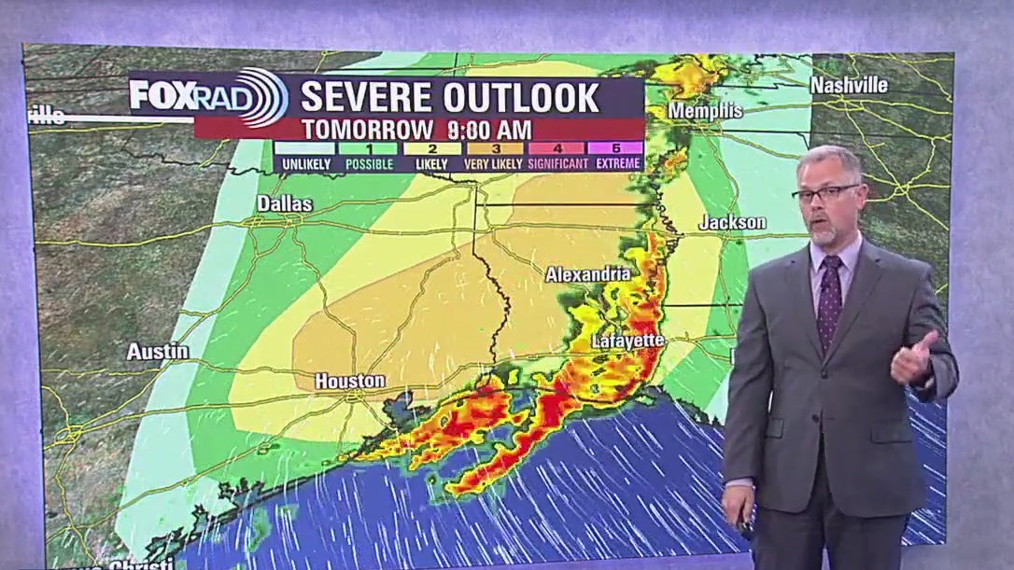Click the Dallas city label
pyautogui.click(x=285, y=203)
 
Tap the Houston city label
pyautogui.click(x=349, y=381)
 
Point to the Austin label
pyautogui.click(x=158, y=352)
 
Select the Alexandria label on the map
pyautogui.click(x=588, y=274)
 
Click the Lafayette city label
pyautogui.click(x=627, y=341)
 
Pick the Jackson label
pyautogui.click(x=732, y=222)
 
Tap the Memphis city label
pyautogui.click(x=705, y=111)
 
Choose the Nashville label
pyautogui.click(x=849, y=85)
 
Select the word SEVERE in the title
pyautogui.click(x=365, y=97)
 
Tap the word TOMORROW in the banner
pyautogui.click(x=368, y=129)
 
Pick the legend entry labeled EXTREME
pyautogui.click(x=618, y=162)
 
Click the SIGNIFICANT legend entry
pyautogui.click(x=557, y=162)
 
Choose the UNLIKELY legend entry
pyautogui.click(x=304, y=162)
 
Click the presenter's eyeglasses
pyautogui.click(x=825, y=193)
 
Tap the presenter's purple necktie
pyautogui.click(x=828, y=299)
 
